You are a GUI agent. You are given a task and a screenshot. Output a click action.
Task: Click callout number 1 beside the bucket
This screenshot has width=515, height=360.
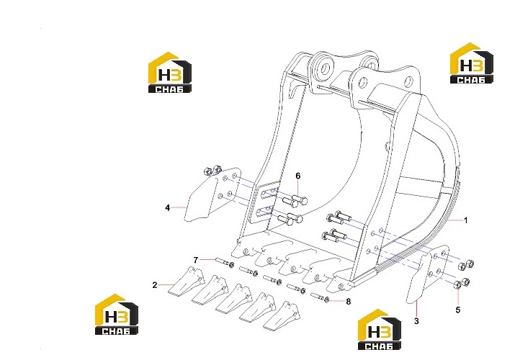(465, 220)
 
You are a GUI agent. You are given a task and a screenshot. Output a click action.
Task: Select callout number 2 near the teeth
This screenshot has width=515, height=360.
(155, 285)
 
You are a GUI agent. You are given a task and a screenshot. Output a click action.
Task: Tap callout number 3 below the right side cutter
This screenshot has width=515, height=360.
(416, 321)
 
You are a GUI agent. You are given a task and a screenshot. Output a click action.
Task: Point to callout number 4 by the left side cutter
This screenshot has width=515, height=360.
(168, 208)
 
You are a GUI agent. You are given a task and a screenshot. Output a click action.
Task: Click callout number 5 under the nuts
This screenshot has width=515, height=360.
(458, 310)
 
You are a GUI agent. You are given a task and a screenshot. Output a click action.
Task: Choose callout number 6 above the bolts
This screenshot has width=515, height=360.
(298, 176)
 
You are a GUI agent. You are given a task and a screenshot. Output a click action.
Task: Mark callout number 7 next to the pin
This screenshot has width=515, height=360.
(196, 260)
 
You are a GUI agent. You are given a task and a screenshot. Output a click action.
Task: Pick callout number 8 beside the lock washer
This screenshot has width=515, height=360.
(348, 301)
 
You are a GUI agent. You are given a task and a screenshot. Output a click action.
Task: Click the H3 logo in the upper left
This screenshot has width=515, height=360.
(169, 73)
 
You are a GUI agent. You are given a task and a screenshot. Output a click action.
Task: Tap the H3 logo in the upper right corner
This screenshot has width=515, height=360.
(471, 63)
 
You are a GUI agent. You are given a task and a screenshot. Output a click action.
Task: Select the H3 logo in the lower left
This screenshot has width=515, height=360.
(117, 315)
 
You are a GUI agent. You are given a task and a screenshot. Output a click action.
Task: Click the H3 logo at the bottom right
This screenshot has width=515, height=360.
(380, 329)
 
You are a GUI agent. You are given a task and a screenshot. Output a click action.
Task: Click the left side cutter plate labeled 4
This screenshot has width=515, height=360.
(210, 195)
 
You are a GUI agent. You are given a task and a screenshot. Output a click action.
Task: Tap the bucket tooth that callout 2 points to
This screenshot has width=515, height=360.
(187, 281)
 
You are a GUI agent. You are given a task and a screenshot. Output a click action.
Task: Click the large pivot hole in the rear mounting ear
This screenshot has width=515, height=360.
(326, 68)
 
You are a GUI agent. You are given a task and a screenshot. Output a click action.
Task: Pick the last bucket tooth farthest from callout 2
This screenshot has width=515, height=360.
(281, 317)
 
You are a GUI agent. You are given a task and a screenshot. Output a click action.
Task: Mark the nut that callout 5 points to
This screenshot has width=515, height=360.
(457, 285)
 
